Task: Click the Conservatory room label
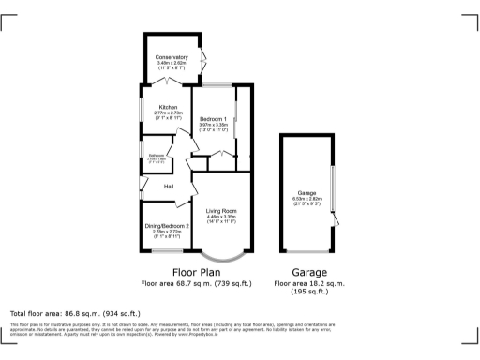click(x=172, y=57)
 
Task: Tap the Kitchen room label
click(x=168, y=107)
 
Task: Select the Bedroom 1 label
click(x=214, y=118)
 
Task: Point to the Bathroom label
click(x=156, y=155)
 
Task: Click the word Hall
click(x=170, y=187)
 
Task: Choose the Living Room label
click(x=220, y=212)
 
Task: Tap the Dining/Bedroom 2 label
click(x=166, y=226)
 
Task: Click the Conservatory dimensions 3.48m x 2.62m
click(x=172, y=64)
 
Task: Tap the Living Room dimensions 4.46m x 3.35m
click(x=220, y=217)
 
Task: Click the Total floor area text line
click(x=75, y=313)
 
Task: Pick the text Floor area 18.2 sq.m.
click(x=308, y=282)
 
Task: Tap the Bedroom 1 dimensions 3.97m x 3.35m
click(x=214, y=125)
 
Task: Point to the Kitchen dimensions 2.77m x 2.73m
click(x=168, y=113)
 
